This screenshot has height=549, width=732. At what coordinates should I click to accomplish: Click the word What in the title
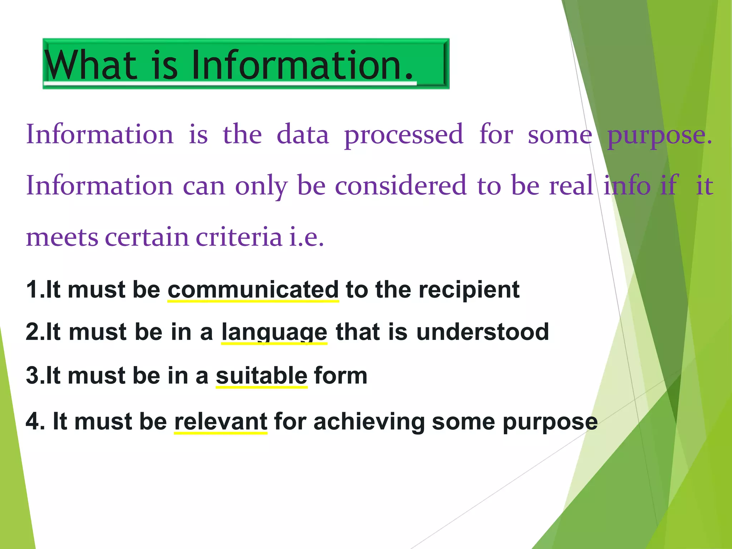[x=91, y=65]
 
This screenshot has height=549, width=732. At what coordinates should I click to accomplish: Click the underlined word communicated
[x=253, y=290]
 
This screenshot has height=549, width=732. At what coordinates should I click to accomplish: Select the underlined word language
[x=274, y=332]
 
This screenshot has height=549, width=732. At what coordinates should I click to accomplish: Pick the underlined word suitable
[x=262, y=376]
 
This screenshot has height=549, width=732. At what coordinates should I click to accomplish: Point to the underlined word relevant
[x=221, y=421]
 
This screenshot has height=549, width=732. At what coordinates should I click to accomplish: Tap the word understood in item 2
[x=482, y=332]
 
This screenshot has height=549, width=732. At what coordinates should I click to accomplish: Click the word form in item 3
[x=341, y=376]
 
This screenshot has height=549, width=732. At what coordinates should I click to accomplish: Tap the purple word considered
[x=401, y=186]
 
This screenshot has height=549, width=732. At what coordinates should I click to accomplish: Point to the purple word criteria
[x=239, y=237]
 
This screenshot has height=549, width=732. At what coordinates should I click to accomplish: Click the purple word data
[x=303, y=134]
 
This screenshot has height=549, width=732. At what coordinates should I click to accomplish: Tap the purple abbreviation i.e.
[x=306, y=237]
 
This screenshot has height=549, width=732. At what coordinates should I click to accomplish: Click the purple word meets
[x=62, y=238]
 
